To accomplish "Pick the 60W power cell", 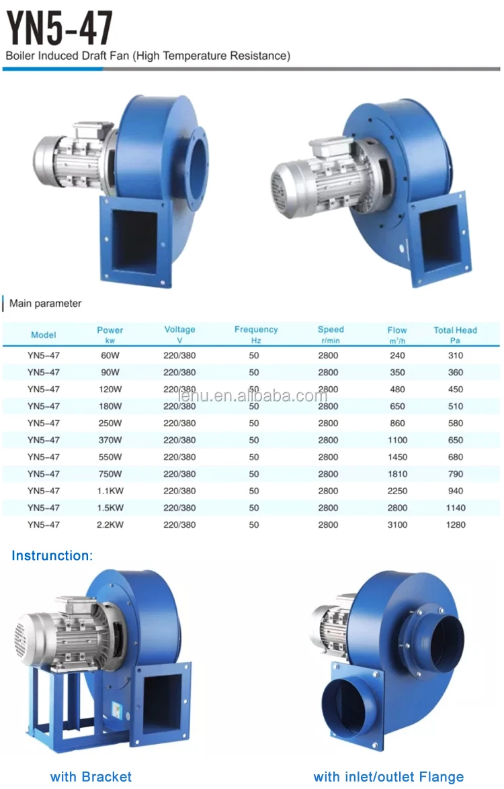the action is click(x=110, y=355).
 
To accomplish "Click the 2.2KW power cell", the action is click(x=110, y=524).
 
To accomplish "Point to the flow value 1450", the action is click(x=397, y=457).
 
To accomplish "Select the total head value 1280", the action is click(x=456, y=524).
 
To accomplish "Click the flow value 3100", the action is click(x=397, y=524).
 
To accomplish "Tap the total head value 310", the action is click(x=456, y=355).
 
